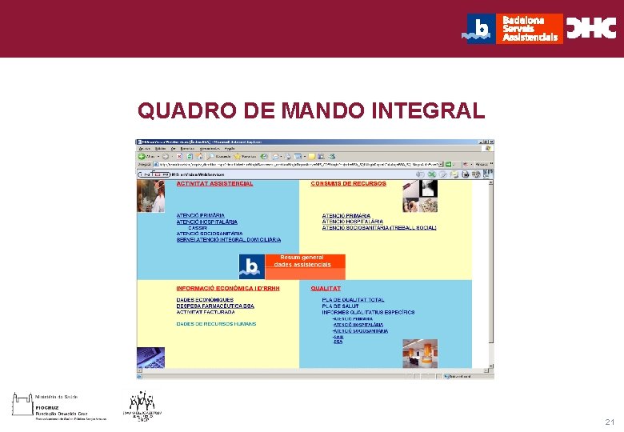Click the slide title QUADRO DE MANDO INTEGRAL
pyautogui.click(x=311, y=110)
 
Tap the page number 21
pyautogui.click(x=610, y=422)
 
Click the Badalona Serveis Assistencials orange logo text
pyautogui.click(x=530, y=29)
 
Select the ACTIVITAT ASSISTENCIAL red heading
pyautogui.click(x=214, y=183)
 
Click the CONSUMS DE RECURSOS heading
pyautogui.click(x=348, y=183)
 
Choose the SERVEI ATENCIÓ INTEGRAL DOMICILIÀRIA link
pyautogui.click(x=228, y=239)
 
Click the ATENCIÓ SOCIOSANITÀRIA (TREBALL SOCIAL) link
pyautogui.click(x=378, y=228)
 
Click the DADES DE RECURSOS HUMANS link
pyautogui.click(x=216, y=324)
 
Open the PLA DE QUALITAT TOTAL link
pyautogui.click(x=353, y=300)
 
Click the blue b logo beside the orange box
pyautogui.click(x=251, y=266)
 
